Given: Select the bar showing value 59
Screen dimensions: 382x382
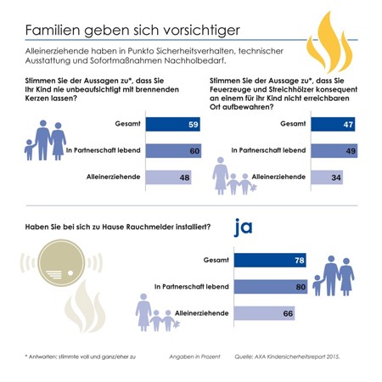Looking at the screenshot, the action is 173,124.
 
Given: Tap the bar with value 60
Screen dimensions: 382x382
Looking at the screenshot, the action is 173,150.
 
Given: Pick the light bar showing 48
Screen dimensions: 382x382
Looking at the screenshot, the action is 168,177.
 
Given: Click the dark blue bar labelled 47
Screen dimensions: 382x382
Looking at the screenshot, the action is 333,124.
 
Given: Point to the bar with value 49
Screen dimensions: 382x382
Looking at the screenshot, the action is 334,150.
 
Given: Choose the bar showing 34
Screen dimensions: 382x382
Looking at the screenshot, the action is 327,177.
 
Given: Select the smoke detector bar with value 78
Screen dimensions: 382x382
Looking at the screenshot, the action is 270,260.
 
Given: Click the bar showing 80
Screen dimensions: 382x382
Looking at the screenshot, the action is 271,287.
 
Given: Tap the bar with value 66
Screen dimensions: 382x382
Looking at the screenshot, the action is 264,313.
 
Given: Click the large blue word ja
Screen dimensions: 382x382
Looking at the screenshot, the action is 243,228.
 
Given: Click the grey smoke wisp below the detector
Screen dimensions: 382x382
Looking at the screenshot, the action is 85,306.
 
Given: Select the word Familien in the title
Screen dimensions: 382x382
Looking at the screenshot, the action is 53,30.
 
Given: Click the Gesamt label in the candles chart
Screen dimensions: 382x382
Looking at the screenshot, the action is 127,124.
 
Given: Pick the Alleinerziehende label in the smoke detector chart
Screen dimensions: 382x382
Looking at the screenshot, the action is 202,313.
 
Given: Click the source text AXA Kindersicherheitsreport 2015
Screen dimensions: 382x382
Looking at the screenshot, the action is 297,357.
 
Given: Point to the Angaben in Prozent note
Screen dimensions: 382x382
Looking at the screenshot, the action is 194,357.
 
